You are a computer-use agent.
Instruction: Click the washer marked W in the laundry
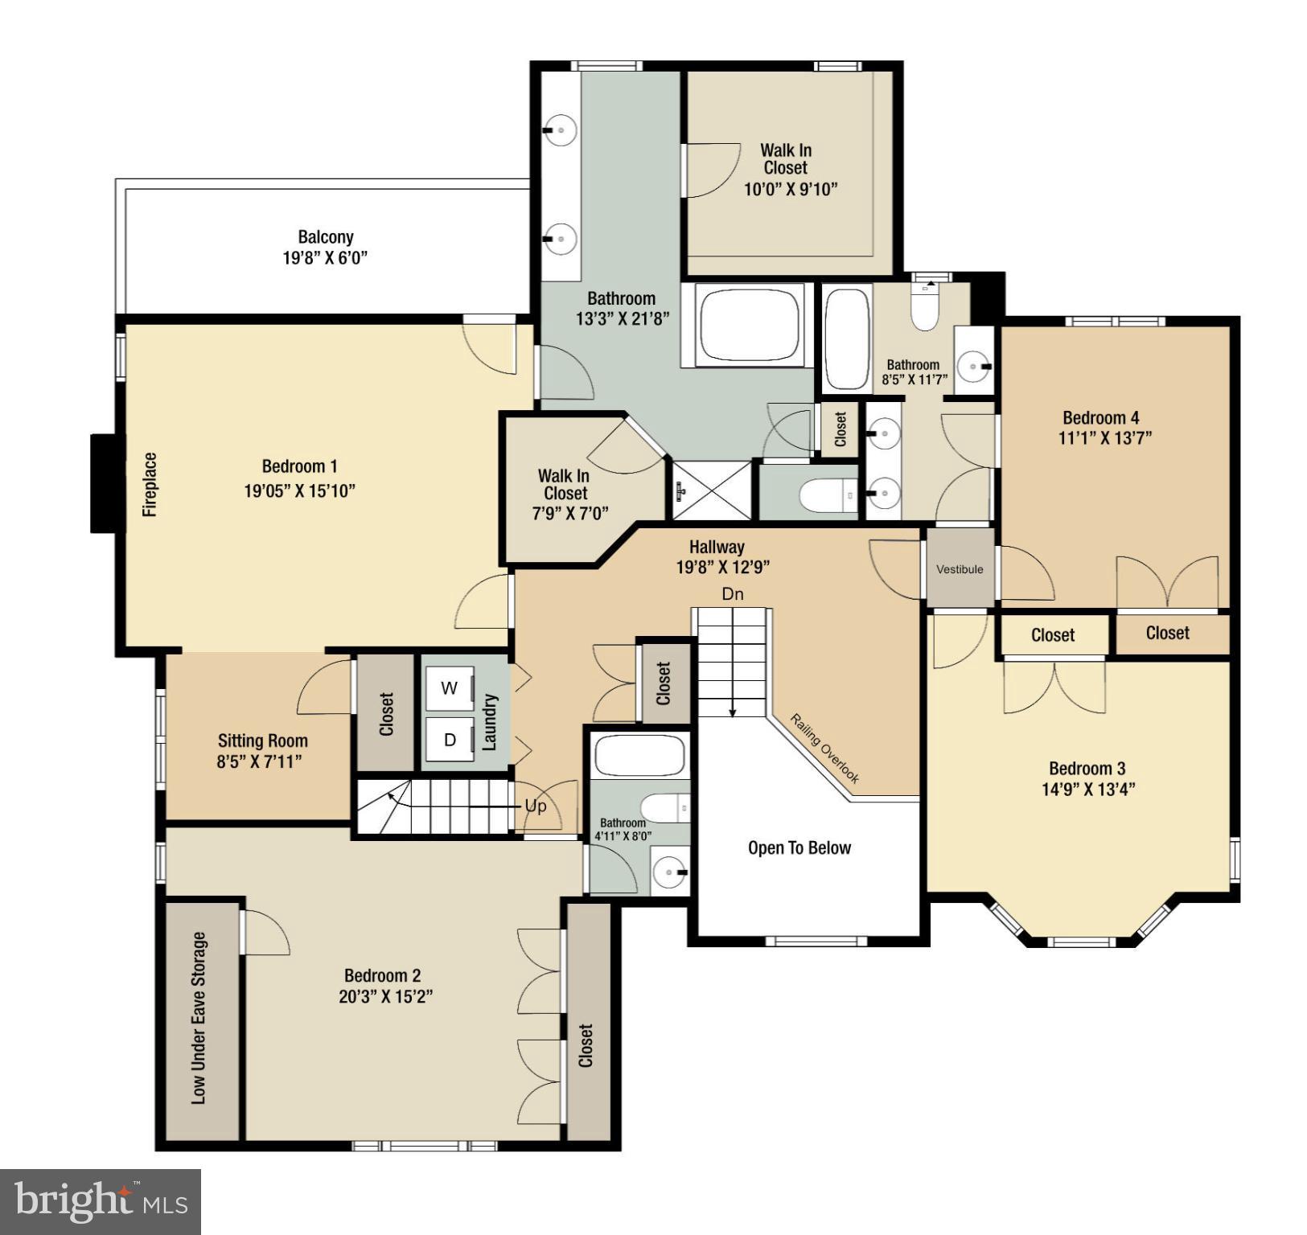[449, 688]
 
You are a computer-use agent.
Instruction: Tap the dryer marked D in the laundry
[450, 740]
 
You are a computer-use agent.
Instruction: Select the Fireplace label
[150, 484]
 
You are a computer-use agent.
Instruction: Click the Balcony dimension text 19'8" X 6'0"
[325, 258]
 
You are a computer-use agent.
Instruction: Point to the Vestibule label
[960, 569]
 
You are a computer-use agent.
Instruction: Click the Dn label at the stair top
[732, 594]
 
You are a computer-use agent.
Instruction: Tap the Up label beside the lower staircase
[536, 806]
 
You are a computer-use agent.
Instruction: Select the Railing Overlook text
[824, 749]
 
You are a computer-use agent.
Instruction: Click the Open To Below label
[799, 847]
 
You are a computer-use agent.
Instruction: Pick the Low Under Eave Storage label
[199, 1018]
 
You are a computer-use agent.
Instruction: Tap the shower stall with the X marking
[712, 490]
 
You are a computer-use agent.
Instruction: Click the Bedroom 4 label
[1100, 417]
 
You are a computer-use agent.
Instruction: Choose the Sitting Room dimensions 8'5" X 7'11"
[259, 761]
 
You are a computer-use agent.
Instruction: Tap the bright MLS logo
[101, 1201]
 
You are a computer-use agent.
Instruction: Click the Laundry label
[489, 722]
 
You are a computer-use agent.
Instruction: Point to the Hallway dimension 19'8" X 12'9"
[722, 567]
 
